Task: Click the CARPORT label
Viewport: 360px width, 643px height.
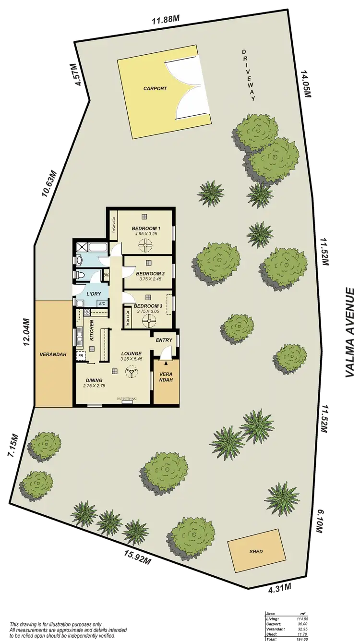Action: (x=155, y=89)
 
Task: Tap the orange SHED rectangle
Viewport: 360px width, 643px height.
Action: (x=256, y=551)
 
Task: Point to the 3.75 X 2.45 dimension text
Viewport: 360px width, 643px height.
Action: (x=146, y=278)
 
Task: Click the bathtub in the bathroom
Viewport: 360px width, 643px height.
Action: (x=99, y=248)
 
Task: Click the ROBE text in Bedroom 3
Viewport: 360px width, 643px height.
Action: (x=127, y=317)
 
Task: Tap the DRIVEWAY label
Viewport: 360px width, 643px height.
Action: (x=249, y=74)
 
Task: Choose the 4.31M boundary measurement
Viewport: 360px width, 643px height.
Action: (x=280, y=588)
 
